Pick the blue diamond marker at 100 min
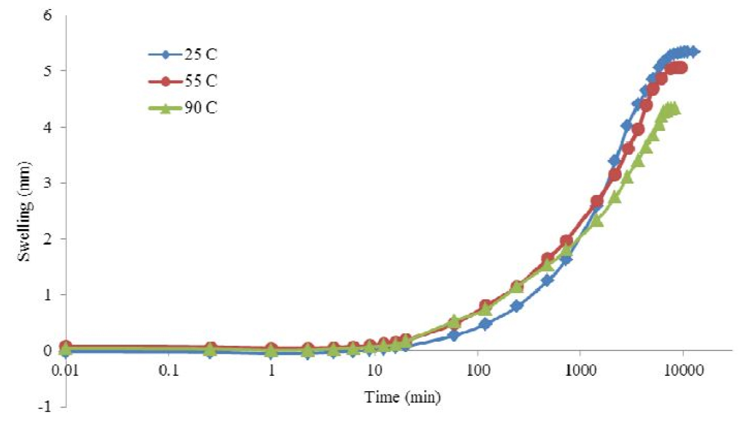(485, 324)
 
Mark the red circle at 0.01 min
(66, 346)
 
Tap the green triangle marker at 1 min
(272, 352)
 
